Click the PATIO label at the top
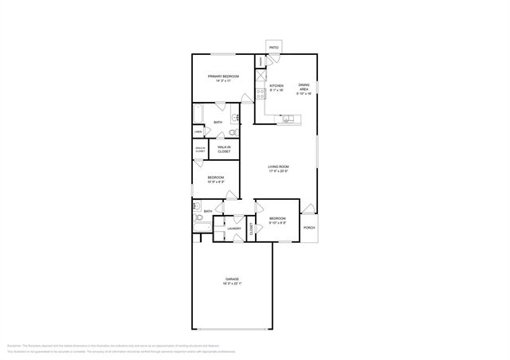273,48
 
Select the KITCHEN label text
277,85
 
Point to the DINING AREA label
304,85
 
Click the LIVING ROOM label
277,166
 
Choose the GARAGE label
232,279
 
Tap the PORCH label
309,228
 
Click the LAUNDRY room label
234,229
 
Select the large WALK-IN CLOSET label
224,149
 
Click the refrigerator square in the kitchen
260,76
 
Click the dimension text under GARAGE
232,284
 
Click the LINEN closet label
198,131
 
